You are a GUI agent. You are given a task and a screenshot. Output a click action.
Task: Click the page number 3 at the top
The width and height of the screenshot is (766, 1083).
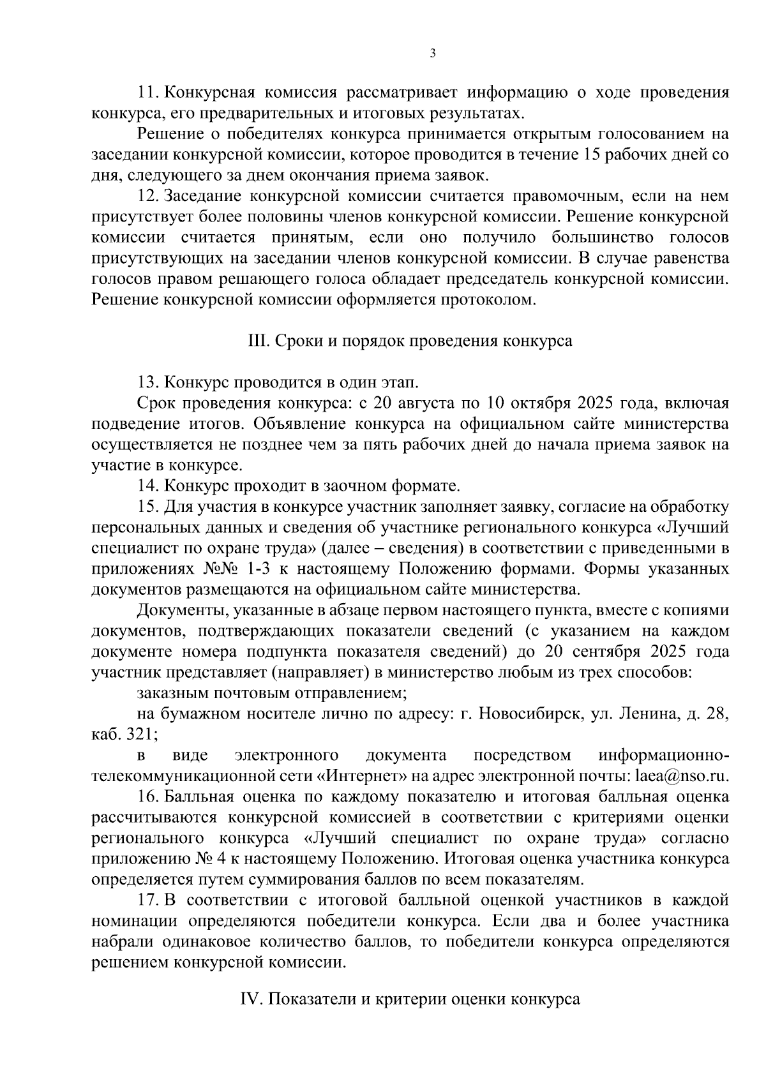(x=433, y=54)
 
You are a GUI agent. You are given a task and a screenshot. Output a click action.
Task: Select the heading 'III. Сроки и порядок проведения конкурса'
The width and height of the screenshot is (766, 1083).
(x=409, y=341)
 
